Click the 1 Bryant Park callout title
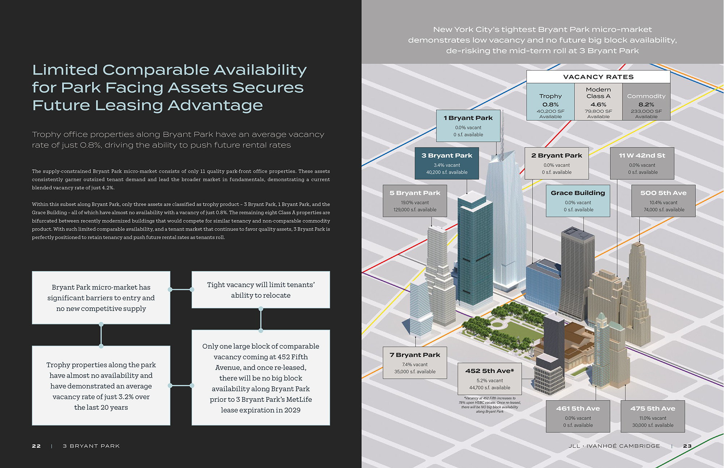tap(468, 118)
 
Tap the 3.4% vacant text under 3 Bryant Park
tap(447, 165)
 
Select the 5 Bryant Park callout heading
tap(415, 193)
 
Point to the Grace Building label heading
tap(578, 193)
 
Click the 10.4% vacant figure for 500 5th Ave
tap(663, 203)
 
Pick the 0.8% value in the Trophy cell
tap(550, 105)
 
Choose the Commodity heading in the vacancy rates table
tap(646, 96)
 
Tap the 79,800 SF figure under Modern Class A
tap(598, 111)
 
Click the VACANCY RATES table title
tap(598, 77)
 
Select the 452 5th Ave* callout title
tap(489, 371)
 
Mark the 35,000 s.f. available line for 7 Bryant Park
tap(415, 372)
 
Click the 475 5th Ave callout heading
tap(653, 409)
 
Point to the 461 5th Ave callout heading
tap(578, 409)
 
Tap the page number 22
tap(36, 446)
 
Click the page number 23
tap(687, 446)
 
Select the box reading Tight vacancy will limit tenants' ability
tap(261, 290)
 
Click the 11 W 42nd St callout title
tap(642, 156)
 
